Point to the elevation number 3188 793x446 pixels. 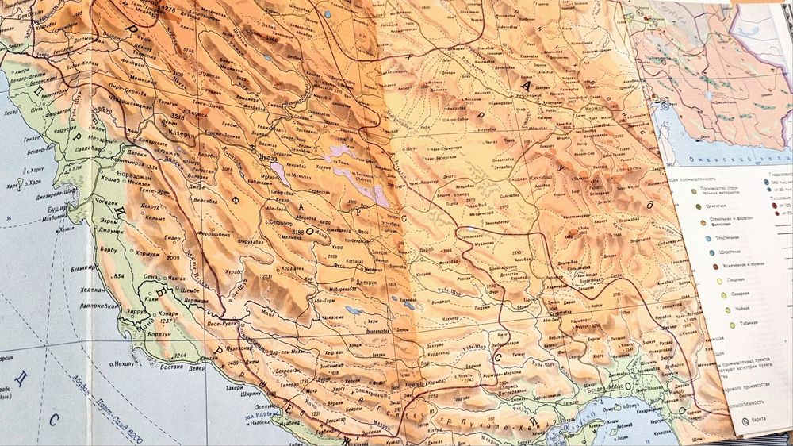coord(298,232)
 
